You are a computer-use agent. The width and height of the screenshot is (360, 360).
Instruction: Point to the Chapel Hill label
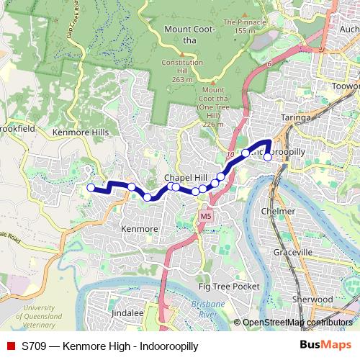pyautogui.click(x=185, y=177)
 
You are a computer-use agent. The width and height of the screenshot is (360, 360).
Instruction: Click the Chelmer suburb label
pyautogui.click(x=280, y=211)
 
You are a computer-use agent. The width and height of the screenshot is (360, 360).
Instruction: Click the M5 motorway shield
pyautogui.click(x=207, y=215)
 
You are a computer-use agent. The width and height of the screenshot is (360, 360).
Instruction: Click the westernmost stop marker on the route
pyautogui.click(x=91, y=189)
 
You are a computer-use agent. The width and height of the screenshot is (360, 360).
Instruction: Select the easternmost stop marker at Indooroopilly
pyautogui.click(x=268, y=156)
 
